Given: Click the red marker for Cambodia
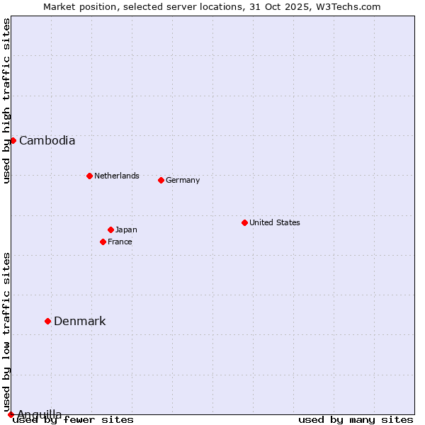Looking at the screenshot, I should [x=13, y=140].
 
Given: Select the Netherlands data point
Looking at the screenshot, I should [x=89, y=176].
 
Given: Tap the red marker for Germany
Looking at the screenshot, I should [x=161, y=180].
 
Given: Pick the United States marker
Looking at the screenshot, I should [x=244, y=222].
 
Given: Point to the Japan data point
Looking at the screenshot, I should [x=110, y=229].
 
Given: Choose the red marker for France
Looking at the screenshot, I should [x=103, y=242].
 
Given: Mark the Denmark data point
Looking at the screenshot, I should [x=47, y=321].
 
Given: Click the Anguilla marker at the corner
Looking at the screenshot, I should [x=11, y=414].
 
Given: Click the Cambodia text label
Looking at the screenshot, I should [x=47, y=140].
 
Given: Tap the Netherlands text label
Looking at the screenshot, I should [x=117, y=176].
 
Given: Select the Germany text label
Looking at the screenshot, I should [x=183, y=180].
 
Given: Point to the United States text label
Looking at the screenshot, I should [x=275, y=222].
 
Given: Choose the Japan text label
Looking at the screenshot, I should [x=126, y=229].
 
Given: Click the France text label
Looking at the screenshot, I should [x=120, y=242].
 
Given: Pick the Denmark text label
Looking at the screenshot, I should [x=80, y=321].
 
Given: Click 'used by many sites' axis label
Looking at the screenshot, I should [x=356, y=419].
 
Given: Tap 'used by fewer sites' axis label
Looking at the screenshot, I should [x=74, y=419].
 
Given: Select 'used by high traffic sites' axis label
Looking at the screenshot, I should [x=6, y=101].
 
